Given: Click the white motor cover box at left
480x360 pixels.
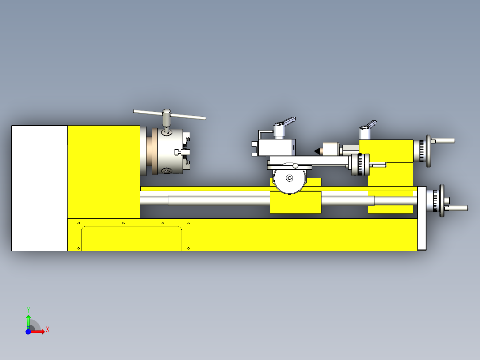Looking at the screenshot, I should (x=39, y=188).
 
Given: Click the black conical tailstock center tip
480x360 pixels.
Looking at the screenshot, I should (x=318, y=151).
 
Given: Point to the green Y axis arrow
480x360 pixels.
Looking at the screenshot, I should (x=28, y=320).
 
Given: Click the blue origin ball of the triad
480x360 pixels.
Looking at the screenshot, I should (x=28, y=331).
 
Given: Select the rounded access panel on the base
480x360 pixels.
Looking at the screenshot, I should (x=131, y=238).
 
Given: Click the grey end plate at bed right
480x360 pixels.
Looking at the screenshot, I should (x=422, y=218).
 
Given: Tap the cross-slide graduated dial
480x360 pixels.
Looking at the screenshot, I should (x=361, y=165).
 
